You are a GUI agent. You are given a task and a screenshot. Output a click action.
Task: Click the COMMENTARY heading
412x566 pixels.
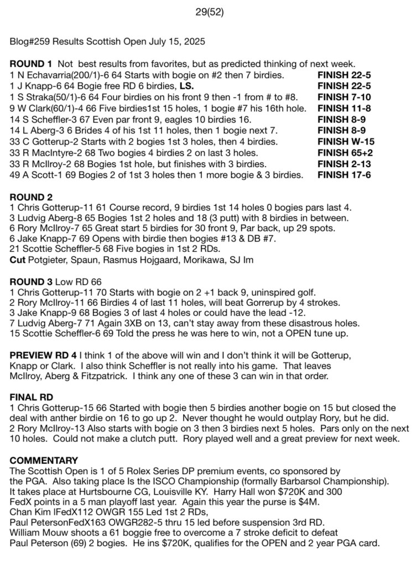coord(44,460)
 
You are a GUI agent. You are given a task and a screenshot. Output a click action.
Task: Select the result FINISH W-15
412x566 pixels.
coord(346,141)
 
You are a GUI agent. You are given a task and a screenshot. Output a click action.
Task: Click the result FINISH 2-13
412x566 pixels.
coord(344,164)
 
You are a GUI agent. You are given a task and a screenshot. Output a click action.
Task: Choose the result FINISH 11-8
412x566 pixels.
coord(344,108)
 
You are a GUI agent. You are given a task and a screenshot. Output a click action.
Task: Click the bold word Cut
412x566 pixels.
coord(17,259)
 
